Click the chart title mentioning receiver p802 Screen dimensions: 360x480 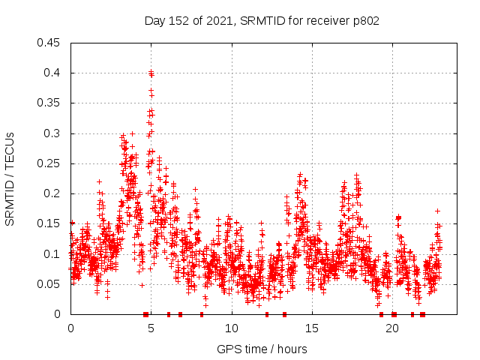pyautogui.click(x=262, y=21)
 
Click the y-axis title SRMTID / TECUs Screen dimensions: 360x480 pyautogui.click(x=10, y=178)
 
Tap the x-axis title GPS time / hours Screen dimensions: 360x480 pyautogui.click(x=262, y=349)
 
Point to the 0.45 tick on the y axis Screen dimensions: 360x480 pyautogui.click(x=49, y=43)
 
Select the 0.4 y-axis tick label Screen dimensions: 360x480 pyautogui.click(x=52, y=73)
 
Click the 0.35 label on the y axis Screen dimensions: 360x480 pyautogui.click(x=49, y=103)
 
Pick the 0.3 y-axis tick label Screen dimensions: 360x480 pyautogui.click(x=52, y=133)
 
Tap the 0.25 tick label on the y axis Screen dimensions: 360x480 pyautogui.click(x=49, y=163)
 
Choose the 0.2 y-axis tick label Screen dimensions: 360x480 pyautogui.click(x=52, y=193)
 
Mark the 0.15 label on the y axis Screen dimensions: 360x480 pyautogui.click(x=49, y=223)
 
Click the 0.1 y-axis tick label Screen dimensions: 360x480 pyautogui.click(x=52, y=254)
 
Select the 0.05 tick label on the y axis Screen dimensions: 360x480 pyautogui.click(x=49, y=284)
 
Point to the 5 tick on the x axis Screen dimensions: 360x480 pyautogui.click(x=151, y=328)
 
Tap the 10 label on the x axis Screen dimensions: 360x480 pyautogui.click(x=231, y=328)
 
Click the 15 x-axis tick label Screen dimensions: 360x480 pyautogui.click(x=311, y=328)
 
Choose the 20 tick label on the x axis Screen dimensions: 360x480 pyautogui.click(x=391, y=328)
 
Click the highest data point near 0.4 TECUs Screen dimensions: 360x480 pyautogui.click(x=151, y=73)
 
